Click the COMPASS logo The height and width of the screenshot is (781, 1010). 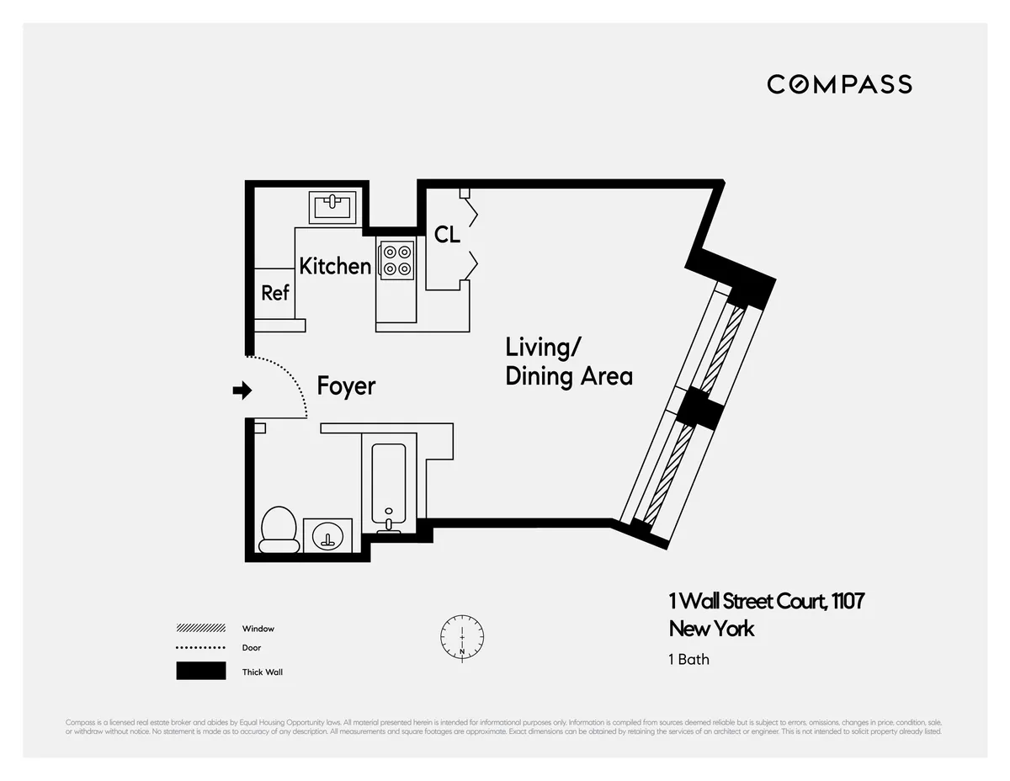point(839,84)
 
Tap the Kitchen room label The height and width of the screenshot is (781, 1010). point(335,266)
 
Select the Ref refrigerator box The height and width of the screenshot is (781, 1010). point(275,292)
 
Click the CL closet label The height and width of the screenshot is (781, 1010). point(447,236)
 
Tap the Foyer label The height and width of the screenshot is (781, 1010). point(346,386)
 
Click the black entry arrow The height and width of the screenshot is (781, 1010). point(242,390)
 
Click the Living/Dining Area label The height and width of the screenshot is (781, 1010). point(568,362)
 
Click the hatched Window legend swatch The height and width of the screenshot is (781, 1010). point(201,629)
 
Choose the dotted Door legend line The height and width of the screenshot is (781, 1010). point(201,648)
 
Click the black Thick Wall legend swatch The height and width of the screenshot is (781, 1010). point(201,671)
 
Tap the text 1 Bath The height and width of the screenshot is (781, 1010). point(688,659)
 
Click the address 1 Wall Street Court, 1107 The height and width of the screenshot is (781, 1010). point(767,602)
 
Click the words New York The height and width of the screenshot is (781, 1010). point(711,629)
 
